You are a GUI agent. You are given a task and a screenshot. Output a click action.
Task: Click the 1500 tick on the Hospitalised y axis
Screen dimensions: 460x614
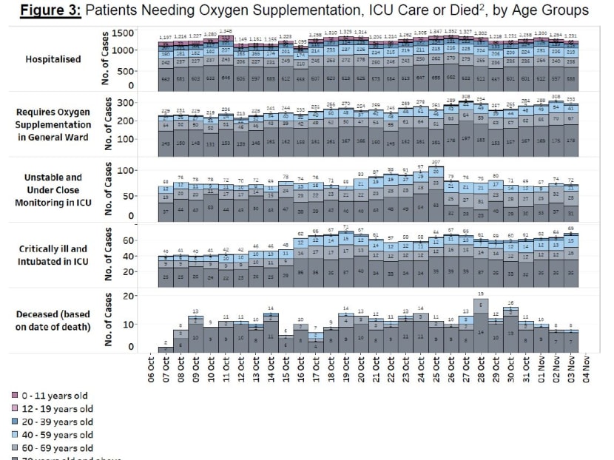pyautogui.click(x=126, y=34)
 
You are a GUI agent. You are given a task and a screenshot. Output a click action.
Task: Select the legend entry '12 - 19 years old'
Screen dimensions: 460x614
pyautogui.click(x=55, y=408)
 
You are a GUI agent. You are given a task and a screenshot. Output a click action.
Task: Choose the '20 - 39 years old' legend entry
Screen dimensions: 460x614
pyautogui.click(x=55, y=422)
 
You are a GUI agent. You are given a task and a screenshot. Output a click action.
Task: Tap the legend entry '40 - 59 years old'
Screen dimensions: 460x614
pyautogui.click(x=55, y=435)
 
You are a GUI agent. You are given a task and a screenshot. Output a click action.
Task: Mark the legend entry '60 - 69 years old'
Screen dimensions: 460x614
pyautogui.click(x=55, y=448)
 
